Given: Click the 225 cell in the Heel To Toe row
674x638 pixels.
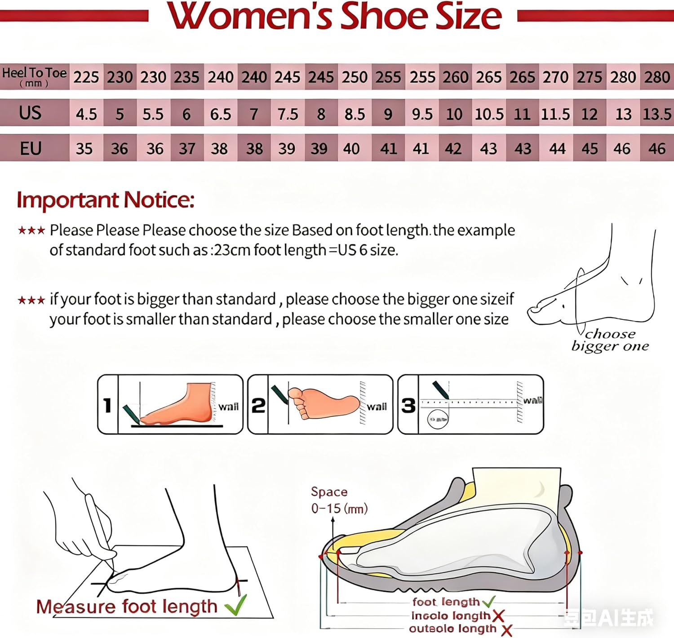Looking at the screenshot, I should (x=86, y=77).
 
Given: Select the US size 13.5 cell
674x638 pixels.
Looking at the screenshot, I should (x=657, y=114).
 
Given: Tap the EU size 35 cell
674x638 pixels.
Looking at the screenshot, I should (x=84, y=149).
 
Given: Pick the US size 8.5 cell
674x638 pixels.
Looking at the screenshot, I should (x=355, y=114).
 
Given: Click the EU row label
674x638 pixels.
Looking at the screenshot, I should (x=31, y=148).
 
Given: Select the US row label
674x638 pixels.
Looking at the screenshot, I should (x=30, y=113).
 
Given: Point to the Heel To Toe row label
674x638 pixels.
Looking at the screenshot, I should (x=34, y=77).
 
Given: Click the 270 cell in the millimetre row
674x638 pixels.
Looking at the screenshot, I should (x=556, y=77).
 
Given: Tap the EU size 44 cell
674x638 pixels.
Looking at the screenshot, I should (x=557, y=149).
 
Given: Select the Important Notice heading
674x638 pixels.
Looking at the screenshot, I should (x=106, y=200).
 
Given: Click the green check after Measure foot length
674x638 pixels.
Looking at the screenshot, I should (x=236, y=606).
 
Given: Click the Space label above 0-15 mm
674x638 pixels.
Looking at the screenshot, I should (x=329, y=492).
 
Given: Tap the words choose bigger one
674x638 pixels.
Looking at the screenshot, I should (x=610, y=340).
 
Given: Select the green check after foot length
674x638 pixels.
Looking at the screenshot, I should (x=488, y=601).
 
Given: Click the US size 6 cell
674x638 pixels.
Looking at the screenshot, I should (x=186, y=114).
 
